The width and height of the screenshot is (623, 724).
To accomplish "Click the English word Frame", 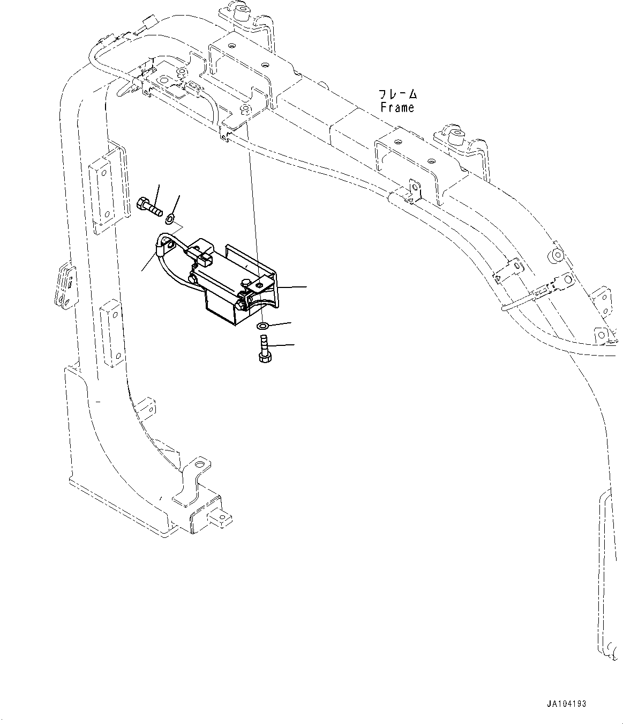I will click(397, 107).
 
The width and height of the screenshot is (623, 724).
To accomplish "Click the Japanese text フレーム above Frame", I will click(397, 94).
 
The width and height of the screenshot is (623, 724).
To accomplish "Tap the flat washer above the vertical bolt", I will click(262, 326).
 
